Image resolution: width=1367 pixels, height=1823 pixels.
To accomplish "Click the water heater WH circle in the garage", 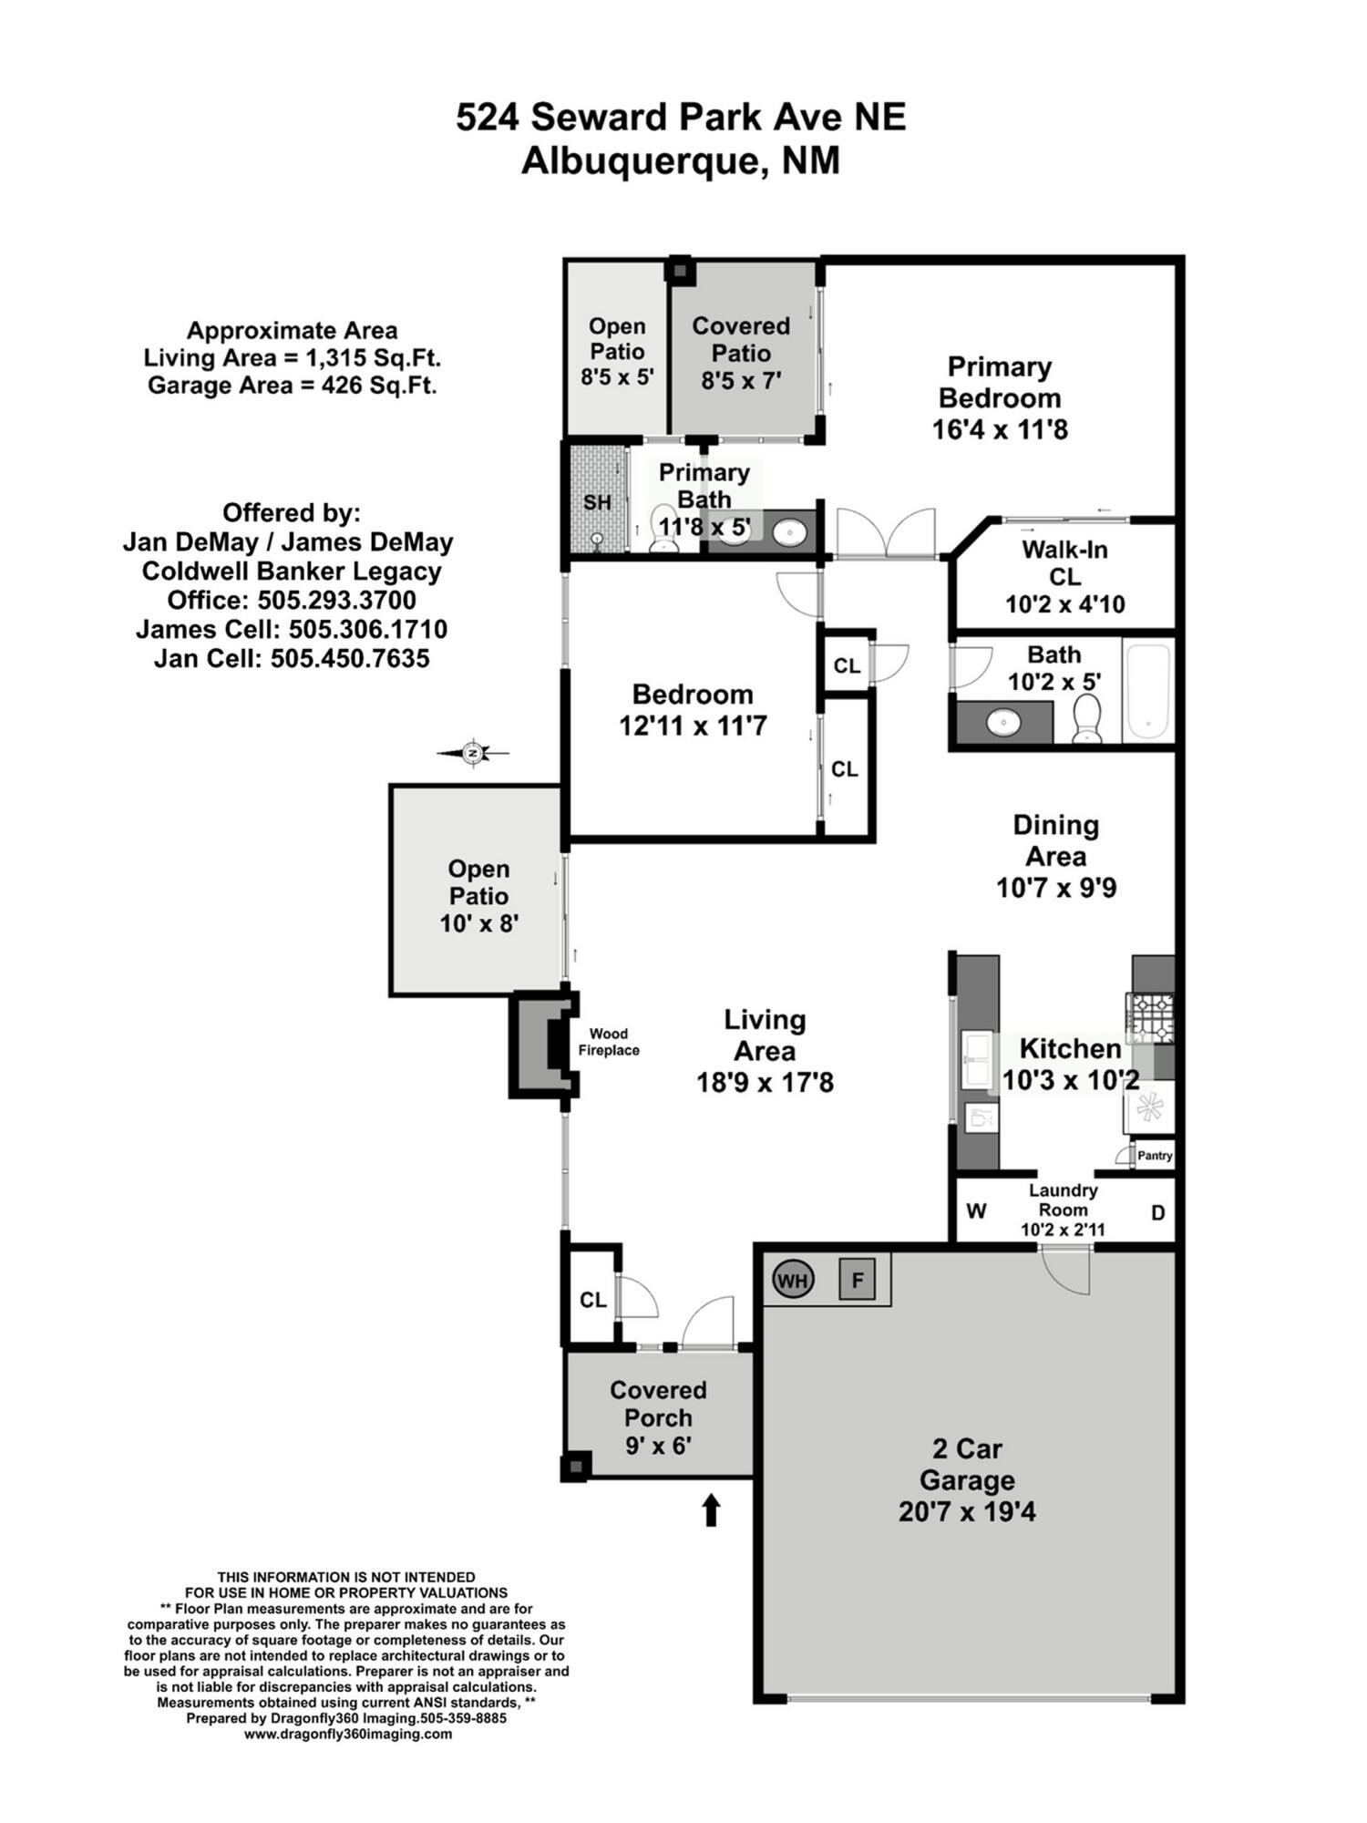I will [x=792, y=1281].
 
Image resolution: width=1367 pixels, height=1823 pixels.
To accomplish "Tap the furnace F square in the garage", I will [x=857, y=1280].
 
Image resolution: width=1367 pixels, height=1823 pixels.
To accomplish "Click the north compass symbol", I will [x=472, y=753].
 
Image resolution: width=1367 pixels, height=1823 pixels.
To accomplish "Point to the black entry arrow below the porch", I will [x=711, y=1509].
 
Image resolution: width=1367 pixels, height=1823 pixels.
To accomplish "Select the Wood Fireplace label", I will [x=609, y=1042].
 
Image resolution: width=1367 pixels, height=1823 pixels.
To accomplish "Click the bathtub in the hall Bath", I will [x=1147, y=693].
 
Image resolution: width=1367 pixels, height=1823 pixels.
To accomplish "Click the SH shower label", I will [x=597, y=502].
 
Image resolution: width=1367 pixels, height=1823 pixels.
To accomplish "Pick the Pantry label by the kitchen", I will [x=1155, y=1156].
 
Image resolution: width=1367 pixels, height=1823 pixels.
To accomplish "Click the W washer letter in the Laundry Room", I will [x=976, y=1211].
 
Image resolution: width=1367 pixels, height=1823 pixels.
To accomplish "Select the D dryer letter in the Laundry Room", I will [x=1157, y=1212].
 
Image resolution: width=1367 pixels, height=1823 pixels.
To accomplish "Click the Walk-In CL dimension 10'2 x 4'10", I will [x=1064, y=604].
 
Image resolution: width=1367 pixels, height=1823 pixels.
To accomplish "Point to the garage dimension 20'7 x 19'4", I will [x=967, y=1512].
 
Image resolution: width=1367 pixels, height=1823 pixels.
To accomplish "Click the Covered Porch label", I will [x=658, y=1404].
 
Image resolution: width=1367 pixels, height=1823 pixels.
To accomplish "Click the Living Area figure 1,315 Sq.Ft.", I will [x=373, y=358].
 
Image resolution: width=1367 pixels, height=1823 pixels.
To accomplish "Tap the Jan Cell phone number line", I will [x=292, y=658].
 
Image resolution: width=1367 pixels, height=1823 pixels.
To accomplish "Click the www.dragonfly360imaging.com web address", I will [x=347, y=1734].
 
